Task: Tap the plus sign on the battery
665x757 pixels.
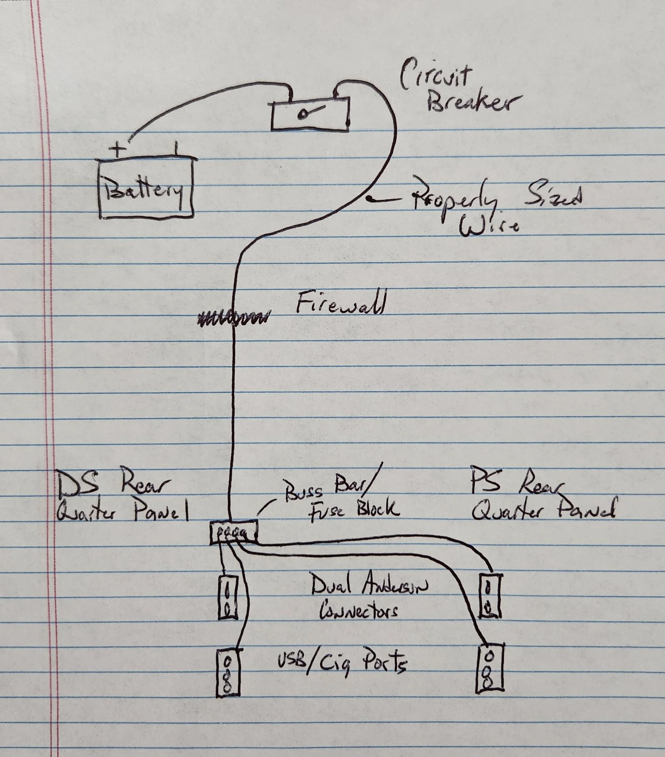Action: tap(118, 150)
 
